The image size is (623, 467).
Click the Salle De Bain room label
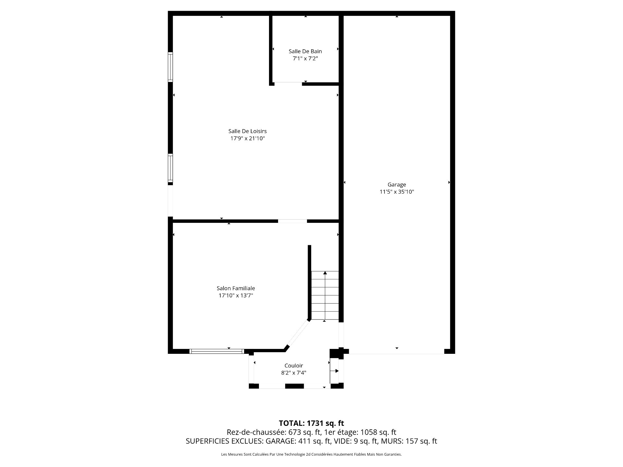click(x=305, y=51)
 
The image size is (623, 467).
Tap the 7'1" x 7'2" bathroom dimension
click(x=305, y=59)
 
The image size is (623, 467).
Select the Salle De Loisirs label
click(x=248, y=131)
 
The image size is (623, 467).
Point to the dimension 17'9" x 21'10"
click(x=248, y=138)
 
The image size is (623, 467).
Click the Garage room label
click(x=397, y=185)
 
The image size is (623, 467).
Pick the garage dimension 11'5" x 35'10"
click(x=397, y=192)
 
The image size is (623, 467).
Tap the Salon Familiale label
click(x=236, y=288)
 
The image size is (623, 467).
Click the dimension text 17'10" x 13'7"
click(x=236, y=295)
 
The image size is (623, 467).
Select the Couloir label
click(x=294, y=366)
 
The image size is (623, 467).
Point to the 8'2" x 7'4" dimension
click(x=294, y=373)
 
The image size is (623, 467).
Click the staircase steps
click(x=325, y=295)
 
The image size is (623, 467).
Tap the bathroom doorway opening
click(x=288, y=84)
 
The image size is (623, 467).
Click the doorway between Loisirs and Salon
click(x=292, y=221)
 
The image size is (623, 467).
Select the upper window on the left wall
click(x=170, y=67)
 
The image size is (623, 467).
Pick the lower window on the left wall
click(x=170, y=168)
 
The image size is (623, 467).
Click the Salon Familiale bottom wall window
click(x=216, y=351)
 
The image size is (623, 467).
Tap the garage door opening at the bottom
click(x=397, y=352)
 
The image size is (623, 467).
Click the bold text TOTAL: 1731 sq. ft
click(x=311, y=423)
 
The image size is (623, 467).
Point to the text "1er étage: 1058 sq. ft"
click(x=360, y=432)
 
